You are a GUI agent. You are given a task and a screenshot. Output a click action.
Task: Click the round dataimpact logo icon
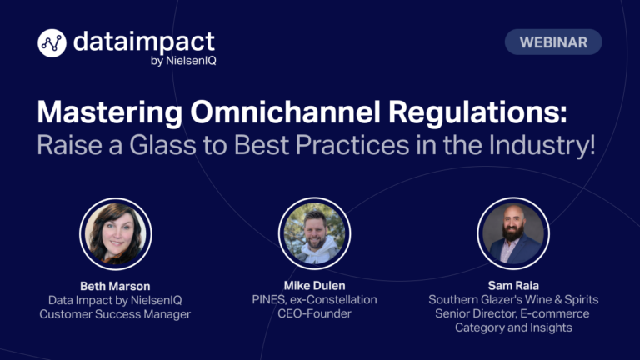point(52,42)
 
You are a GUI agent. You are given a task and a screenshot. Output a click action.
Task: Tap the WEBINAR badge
point(553,42)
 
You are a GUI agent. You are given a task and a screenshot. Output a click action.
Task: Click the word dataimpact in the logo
point(144,42)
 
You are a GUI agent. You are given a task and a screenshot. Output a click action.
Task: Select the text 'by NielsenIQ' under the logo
point(183,61)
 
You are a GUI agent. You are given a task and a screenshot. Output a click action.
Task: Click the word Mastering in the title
point(110,112)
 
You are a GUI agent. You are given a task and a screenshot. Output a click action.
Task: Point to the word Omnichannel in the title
point(285,112)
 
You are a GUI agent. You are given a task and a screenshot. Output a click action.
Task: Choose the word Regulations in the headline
point(477,112)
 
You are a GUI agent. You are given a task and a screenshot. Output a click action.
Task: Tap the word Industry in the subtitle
point(542,145)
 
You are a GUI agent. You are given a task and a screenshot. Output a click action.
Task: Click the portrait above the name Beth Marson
point(116,234)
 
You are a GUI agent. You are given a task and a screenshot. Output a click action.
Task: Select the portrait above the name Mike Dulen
point(314,233)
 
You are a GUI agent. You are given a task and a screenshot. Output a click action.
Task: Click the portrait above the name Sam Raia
point(513,233)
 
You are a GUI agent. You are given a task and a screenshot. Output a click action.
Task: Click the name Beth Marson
point(115,286)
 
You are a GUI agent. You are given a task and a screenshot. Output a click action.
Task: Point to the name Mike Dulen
point(315,286)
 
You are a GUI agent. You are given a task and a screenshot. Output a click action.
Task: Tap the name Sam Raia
point(513,286)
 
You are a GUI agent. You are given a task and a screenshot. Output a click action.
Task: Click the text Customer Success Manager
point(115,314)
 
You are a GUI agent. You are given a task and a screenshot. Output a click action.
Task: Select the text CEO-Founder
point(314,313)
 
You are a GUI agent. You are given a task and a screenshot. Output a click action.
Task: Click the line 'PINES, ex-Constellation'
point(314,300)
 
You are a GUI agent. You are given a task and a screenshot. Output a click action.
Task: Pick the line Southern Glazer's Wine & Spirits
point(513,300)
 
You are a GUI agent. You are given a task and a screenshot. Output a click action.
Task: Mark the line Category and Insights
point(513,327)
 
